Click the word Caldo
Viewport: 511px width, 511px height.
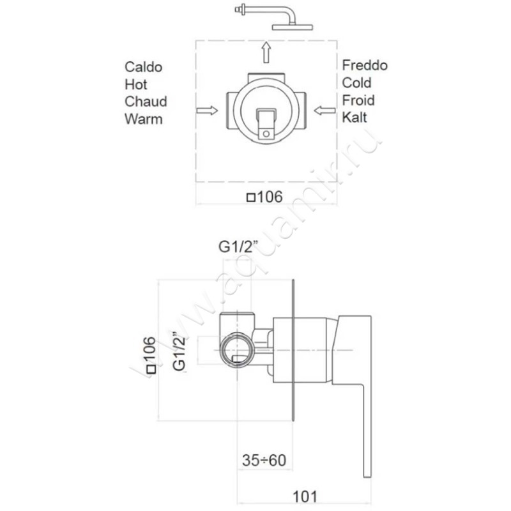pyautogui.click(x=144, y=67)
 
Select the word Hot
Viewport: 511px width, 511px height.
pyautogui.click(x=136, y=84)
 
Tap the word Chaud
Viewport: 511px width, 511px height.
pyautogui.click(x=146, y=102)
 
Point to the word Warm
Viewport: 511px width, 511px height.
pyautogui.click(x=144, y=119)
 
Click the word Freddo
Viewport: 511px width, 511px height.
pyautogui.click(x=365, y=65)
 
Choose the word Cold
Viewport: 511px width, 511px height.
pyautogui.click(x=356, y=82)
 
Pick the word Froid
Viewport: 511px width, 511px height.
pyautogui.click(x=358, y=100)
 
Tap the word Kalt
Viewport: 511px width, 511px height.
pyautogui.click(x=355, y=118)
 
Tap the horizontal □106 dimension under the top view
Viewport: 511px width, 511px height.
pyautogui.click(x=264, y=197)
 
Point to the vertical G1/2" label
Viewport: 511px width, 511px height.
pyautogui.click(x=179, y=351)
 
